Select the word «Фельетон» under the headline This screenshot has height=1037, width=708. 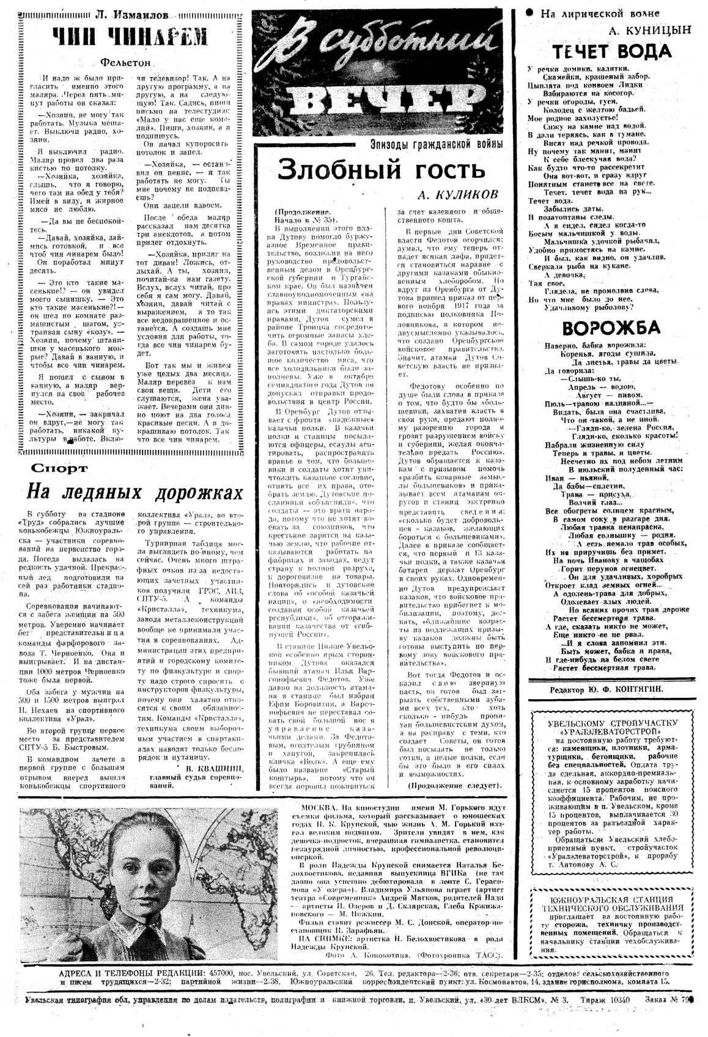[125, 62]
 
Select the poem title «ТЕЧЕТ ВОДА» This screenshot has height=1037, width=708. [612, 51]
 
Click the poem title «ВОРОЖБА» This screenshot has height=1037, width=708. [611, 328]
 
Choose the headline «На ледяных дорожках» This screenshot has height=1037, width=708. [134, 493]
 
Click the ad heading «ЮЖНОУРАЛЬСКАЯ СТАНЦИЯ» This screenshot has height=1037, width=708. [612, 900]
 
